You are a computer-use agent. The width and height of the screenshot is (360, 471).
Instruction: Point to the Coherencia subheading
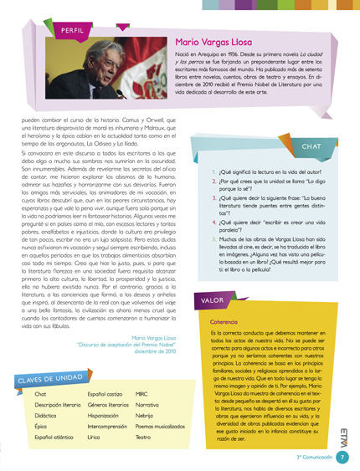tap(224, 322)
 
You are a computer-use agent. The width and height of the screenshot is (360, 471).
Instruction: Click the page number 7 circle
tap(343, 457)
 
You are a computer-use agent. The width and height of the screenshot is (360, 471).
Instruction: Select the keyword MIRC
tap(142, 392)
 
